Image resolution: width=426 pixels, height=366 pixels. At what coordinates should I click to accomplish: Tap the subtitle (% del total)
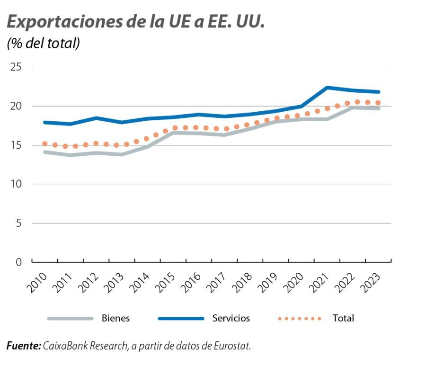(43, 44)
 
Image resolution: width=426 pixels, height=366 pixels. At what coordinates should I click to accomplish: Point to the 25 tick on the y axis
(16, 67)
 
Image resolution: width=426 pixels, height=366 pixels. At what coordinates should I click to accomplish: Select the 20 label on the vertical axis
(16, 106)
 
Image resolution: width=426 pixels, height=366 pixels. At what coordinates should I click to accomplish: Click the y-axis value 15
(16, 145)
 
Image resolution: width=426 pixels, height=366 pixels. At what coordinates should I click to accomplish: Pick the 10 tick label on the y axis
(16, 184)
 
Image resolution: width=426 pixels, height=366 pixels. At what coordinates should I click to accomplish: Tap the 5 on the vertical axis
(19, 223)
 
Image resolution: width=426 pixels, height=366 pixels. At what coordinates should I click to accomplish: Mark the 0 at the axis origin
(19, 262)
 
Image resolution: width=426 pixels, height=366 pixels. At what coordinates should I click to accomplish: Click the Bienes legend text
(115, 318)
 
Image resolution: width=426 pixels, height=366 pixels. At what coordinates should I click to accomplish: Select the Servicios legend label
(231, 318)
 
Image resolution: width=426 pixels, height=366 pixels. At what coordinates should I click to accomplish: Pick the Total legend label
(343, 318)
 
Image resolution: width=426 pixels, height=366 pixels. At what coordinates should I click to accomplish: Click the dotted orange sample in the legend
(299, 318)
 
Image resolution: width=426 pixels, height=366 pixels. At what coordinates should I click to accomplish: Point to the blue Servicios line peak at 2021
(327, 88)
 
